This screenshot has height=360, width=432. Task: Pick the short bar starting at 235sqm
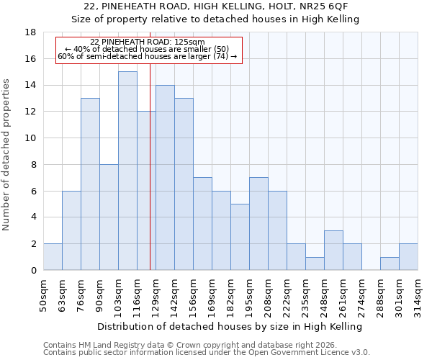(315, 264)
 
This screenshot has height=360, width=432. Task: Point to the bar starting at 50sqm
(53, 257)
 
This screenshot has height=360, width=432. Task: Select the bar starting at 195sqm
(258, 223)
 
